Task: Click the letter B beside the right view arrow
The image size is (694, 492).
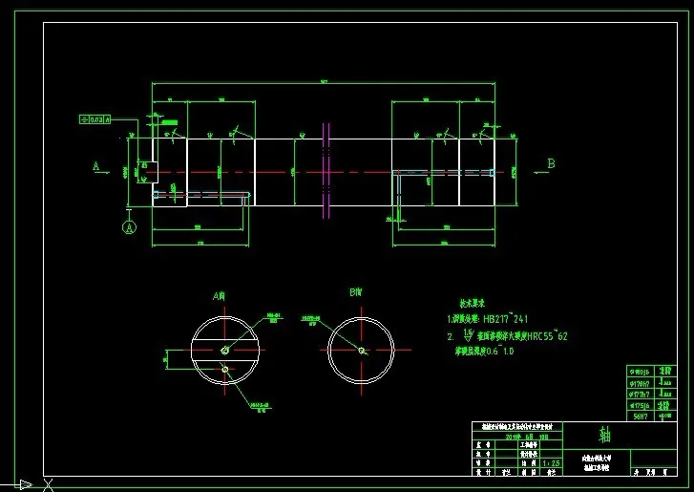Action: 551,163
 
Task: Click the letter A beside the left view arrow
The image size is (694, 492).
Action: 96,165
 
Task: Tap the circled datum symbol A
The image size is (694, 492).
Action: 130,227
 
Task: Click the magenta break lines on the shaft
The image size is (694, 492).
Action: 326,169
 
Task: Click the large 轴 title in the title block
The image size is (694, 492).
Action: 604,435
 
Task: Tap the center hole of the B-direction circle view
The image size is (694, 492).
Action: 362,350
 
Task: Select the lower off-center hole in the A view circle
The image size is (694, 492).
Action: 223,369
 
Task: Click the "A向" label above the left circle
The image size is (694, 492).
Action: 219,295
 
